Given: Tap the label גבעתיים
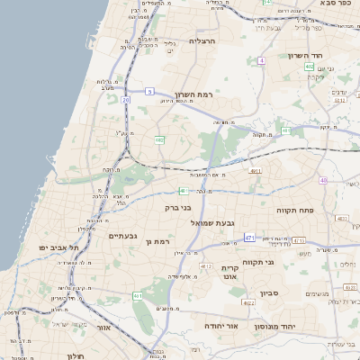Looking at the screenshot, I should [x=122, y=236].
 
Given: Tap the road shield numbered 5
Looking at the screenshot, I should [x=150, y=91].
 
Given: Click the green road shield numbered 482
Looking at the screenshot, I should [x=159, y=140].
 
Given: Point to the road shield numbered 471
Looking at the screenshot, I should [x=248, y=238].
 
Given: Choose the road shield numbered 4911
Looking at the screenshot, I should [x=256, y=169].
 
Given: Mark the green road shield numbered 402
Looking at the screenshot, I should [x=309, y=66].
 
